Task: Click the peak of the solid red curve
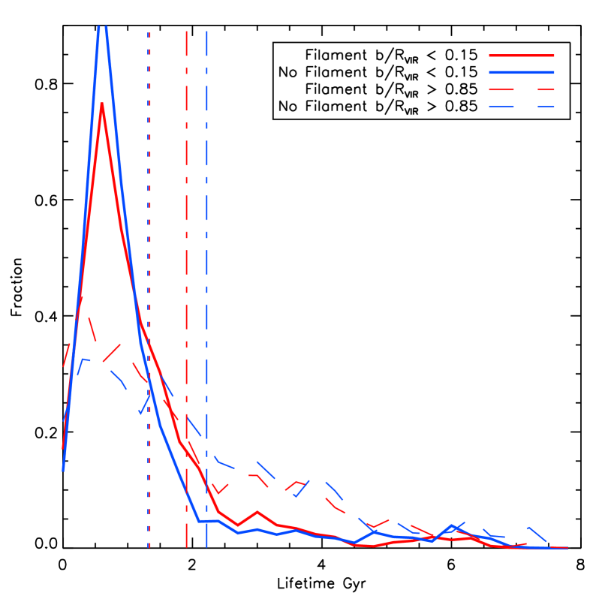point(102,104)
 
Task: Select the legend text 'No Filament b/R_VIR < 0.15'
point(378,73)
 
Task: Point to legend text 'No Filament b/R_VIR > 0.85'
point(378,107)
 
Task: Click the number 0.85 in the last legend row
point(461,107)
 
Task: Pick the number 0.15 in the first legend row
point(461,56)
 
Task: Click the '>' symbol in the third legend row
point(434,90)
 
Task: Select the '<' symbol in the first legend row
point(434,56)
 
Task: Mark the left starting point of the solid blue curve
point(63,471)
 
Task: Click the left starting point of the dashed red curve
point(63,367)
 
